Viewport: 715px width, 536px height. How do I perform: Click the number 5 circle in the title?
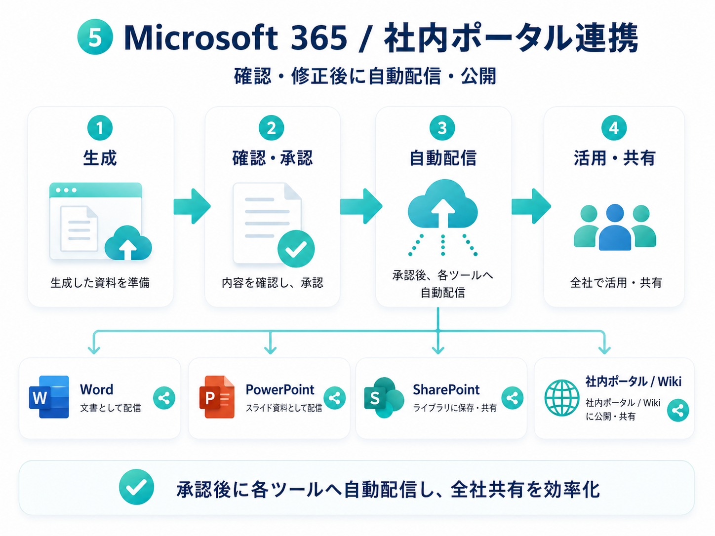(x=95, y=38)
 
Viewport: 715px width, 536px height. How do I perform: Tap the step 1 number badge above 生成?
(x=100, y=128)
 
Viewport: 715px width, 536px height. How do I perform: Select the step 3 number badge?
(x=442, y=128)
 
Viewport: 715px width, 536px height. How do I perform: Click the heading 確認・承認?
(x=273, y=158)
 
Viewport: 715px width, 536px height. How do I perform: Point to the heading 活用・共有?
(x=614, y=158)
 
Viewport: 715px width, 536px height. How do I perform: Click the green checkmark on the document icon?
(x=296, y=249)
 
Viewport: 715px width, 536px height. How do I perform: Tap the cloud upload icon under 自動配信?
(x=442, y=205)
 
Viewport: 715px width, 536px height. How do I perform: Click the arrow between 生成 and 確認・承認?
(x=192, y=206)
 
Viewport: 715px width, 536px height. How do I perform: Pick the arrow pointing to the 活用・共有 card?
(x=530, y=206)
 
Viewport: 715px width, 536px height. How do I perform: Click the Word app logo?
(x=49, y=397)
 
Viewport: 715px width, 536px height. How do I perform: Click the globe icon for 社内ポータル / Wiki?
(x=561, y=398)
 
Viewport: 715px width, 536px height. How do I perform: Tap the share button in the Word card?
(x=164, y=398)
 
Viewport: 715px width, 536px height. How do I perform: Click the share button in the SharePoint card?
(x=512, y=398)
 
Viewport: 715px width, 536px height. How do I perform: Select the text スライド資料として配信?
(x=284, y=408)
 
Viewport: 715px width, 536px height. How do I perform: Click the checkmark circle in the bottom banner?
(x=136, y=487)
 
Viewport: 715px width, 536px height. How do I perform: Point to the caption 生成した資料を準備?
(x=100, y=283)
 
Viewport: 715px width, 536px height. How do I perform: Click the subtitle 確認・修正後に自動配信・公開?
(x=365, y=77)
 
